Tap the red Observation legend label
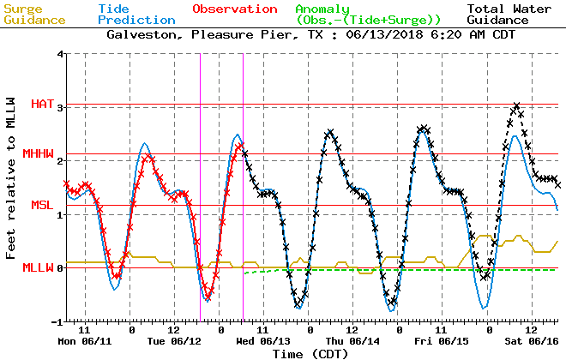(x=234, y=9)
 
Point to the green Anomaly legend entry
(x=369, y=14)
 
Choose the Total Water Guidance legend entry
(x=513, y=14)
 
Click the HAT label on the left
(x=42, y=104)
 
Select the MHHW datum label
(x=38, y=153)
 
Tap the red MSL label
(x=42, y=205)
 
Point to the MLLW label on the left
(x=38, y=267)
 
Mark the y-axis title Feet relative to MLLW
(x=12, y=187)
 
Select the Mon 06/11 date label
(x=86, y=340)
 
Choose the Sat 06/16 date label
(x=533, y=340)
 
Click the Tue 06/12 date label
(x=175, y=340)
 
